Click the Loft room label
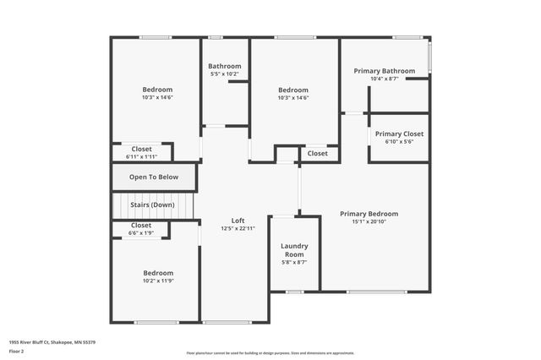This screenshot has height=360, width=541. pyautogui.click(x=238, y=221)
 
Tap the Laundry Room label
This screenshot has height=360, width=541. pyautogui.click(x=294, y=250)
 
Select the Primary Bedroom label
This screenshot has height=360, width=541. pyautogui.click(x=369, y=214)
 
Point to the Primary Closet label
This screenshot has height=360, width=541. pyautogui.click(x=399, y=134)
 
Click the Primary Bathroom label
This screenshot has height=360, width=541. pyautogui.click(x=384, y=71)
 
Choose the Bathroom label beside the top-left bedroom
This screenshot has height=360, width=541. pyautogui.click(x=225, y=67)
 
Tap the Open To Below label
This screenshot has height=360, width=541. pyautogui.click(x=154, y=177)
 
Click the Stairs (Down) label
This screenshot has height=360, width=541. pyautogui.click(x=152, y=205)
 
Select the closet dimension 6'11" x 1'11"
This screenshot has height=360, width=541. pyautogui.click(x=141, y=156)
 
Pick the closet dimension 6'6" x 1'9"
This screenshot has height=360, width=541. pyautogui.click(x=140, y=232)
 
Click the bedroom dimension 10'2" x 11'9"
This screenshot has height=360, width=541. pyautogui.click(x=157, y=281)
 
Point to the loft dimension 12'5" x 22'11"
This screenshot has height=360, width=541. pyautogui.click(x=238, y=228)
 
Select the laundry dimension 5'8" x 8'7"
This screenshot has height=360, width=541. pyautogui.click(x=294, y=263)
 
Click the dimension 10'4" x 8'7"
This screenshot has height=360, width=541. pyautogui.click(x=384, y=79)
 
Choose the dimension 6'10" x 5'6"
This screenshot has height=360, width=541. pyautogui.click(x=399, y=141)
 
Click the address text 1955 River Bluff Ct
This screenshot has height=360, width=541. pyautogui.click(x=52, y=342)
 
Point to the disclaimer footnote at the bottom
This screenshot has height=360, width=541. pyautogui.click(x=270, y=353)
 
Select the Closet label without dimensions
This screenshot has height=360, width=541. pyautogui.click(x=318, y=154)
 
